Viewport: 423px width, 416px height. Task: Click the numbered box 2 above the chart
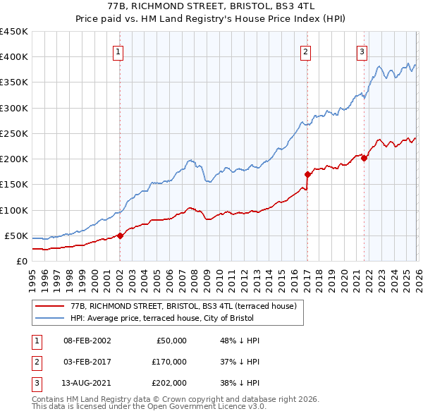click(x=305, y=51)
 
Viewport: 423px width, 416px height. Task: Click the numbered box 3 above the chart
click(x=362, y=51)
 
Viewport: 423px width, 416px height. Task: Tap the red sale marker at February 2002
click(x=120, y=235)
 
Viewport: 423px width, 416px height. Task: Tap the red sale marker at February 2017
click(x=307, y=174)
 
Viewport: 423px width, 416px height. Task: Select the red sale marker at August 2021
click(x=364, y=158)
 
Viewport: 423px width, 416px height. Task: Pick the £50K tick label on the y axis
click(x=16, y=235)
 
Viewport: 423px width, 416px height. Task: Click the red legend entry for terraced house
click(x=187, y=307)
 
